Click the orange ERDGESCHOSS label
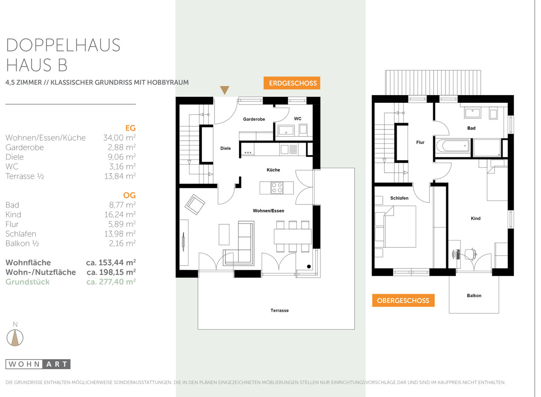(292, 83)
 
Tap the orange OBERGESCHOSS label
(403, 300)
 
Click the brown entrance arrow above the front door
(225, 90)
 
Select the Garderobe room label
(254, 119)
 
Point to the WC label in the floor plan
(298, 119)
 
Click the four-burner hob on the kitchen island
(277, 188)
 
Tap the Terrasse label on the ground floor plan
(280, 310)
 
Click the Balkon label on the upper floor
(474, 295)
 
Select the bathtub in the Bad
(452, 146)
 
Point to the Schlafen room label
(399, 198)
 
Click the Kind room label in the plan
(476, 218)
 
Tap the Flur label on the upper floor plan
(420, 143)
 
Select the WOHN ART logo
(38, 364)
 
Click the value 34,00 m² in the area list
(119, 138)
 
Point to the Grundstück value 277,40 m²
(111, 282)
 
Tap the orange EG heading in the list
(130, 128)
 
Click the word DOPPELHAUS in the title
(63, 45)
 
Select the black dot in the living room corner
(309, 267)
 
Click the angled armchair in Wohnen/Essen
(195, 204)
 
